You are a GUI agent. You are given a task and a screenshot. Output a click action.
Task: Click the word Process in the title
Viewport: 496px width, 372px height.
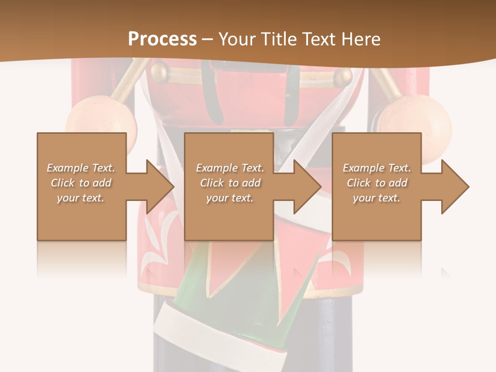click(x=162, y=39)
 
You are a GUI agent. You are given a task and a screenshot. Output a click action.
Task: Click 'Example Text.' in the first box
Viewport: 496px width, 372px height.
click(x=81, y=168)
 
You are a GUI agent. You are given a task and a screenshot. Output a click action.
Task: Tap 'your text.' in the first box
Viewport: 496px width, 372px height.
click(x=81, y=198)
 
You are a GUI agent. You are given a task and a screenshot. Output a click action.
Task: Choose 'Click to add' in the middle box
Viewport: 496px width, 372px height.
click(x=230, y=183)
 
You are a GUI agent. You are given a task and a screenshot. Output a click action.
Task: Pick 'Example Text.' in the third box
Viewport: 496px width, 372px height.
click(x=377, y=168)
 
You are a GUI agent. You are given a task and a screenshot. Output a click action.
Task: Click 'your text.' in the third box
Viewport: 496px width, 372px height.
click(x=377, y=198)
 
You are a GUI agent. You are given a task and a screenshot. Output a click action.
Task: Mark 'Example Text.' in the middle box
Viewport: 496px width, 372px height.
click(x=230, y=168)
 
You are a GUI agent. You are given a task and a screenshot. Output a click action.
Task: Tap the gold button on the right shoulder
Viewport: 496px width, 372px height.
click(x=343, y=78)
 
